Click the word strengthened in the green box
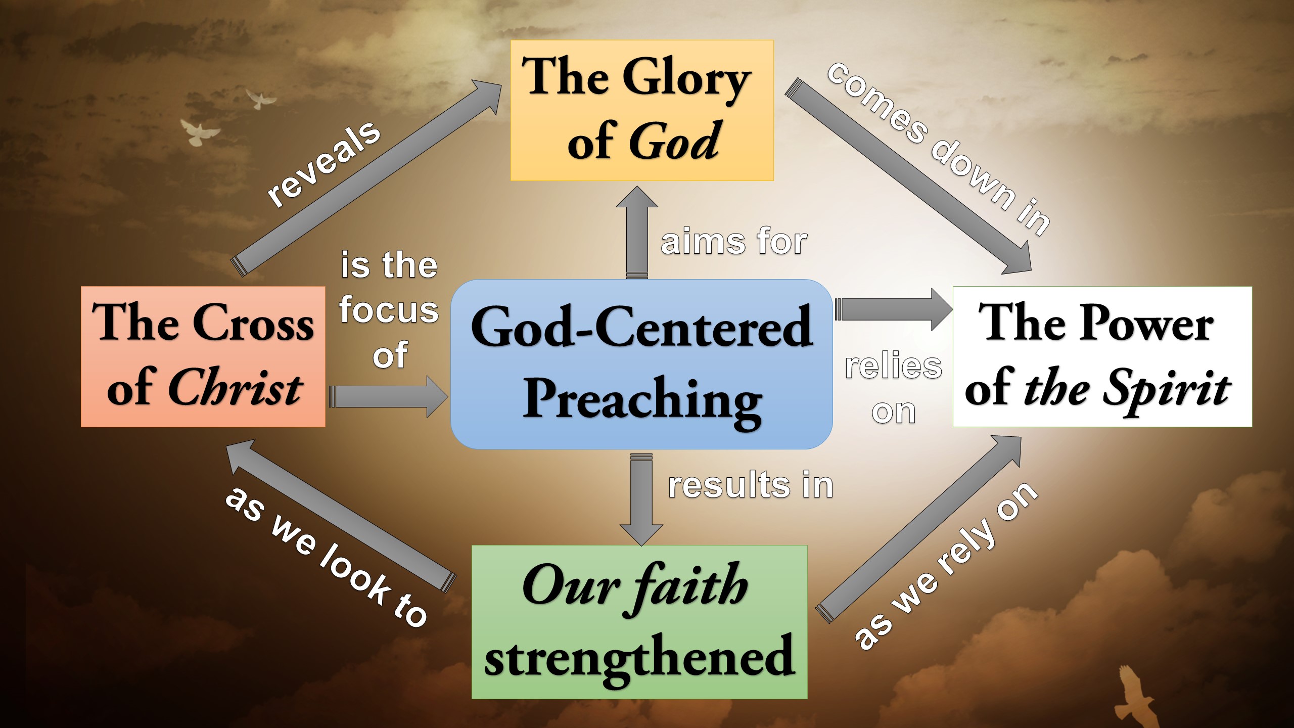(639, 657)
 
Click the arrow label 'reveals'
(323, 164)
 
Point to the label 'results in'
(751, 485)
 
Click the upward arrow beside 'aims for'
(637, 233)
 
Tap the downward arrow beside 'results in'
(641, 500)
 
